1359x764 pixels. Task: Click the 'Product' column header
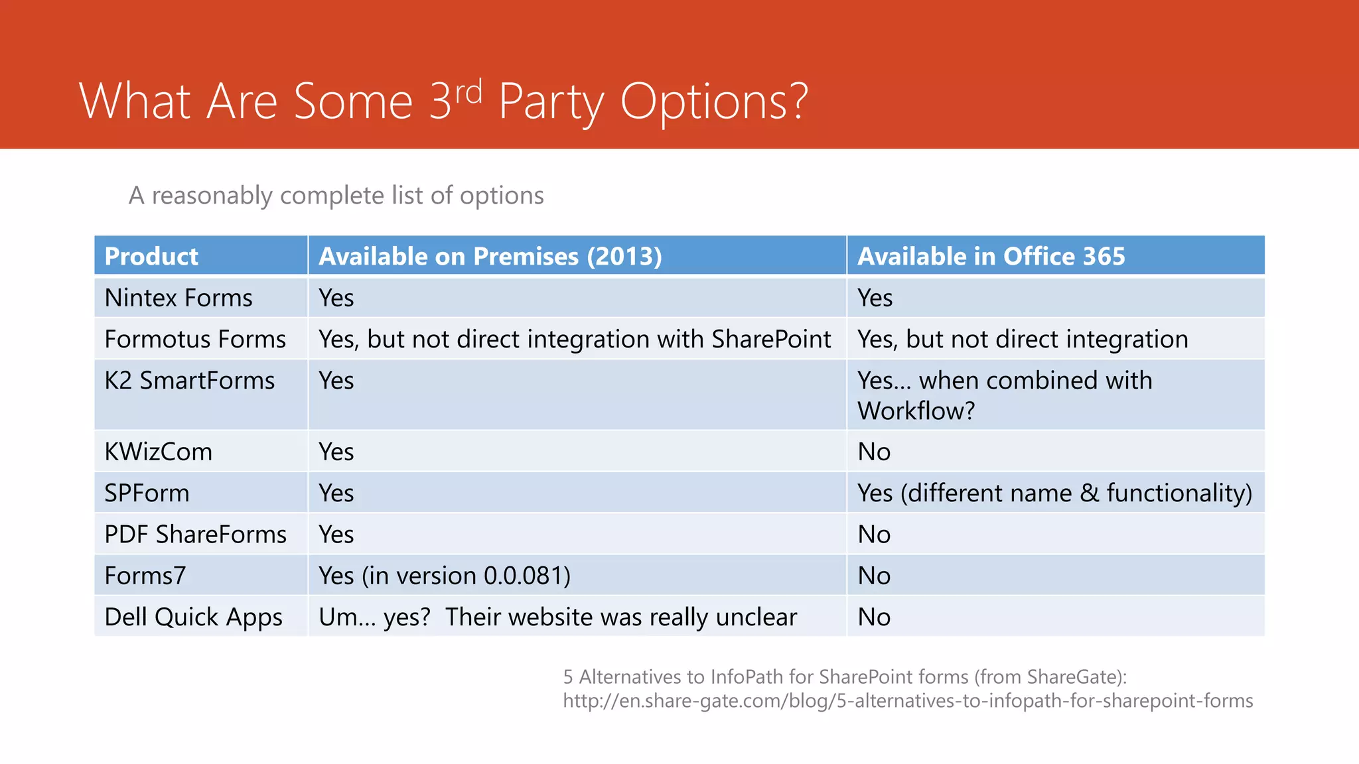[151, 257]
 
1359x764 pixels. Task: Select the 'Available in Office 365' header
[991, 257]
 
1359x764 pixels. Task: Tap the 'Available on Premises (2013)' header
[490, 257]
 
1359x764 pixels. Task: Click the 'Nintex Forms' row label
[178, 298]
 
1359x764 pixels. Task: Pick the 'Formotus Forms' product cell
[194, 340]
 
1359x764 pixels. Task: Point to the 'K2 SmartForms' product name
[189, 381]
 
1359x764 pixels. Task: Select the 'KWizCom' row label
[158, 452]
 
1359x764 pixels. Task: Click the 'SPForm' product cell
[147, 493]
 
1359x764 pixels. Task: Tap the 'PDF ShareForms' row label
[195, 535]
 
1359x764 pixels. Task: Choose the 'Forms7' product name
[145, 576]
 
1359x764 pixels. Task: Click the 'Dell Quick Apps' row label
[193, 617]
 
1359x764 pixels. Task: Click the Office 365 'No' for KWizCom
[873, 452]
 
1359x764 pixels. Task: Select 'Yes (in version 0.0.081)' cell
[444, 576]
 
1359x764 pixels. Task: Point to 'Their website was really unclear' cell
[620, 617]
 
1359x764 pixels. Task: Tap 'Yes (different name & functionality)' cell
[1054, 493]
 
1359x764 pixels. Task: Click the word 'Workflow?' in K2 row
[916, 411]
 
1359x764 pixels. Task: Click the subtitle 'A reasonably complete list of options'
[336, 196]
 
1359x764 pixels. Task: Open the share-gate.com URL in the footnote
[907, 701]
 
